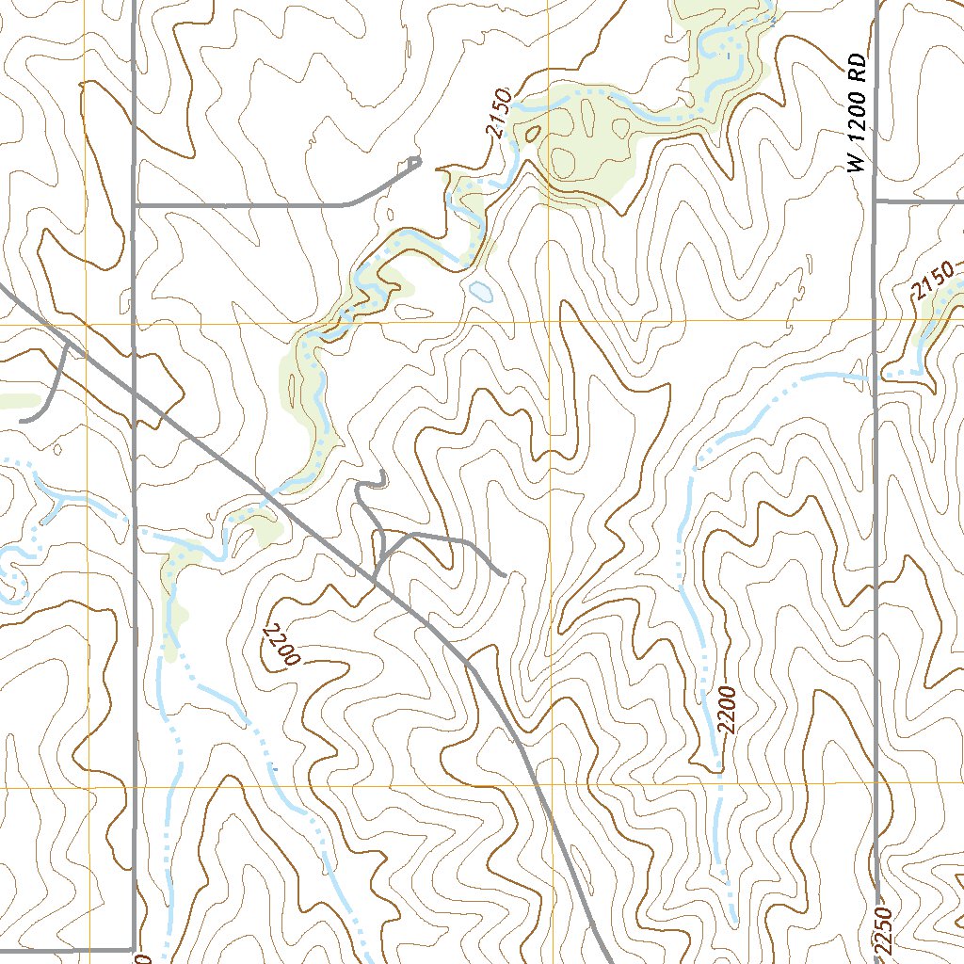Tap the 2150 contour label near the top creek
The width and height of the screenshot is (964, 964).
pyautogui.click(x=501, y=113)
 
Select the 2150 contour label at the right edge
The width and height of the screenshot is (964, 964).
pyautogui.click(x=932, y=283)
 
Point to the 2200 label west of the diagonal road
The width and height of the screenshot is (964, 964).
pyautogui.click(x=281, y=645)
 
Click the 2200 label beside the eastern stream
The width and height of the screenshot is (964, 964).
pyautogui.click(x=725, y=711)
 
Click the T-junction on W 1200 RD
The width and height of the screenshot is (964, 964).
pyautogui.click(x=876, y=201)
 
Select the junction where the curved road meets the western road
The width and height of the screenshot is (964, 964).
pyautogui.click(x=135, y=203)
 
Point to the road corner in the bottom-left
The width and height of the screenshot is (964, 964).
pyautogui.click(x=133, y=949)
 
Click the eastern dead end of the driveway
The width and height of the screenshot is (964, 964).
pyautogui.click(x=505, y=573)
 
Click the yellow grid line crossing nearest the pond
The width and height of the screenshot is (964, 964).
pyautogui.click(x=553, y=322)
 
